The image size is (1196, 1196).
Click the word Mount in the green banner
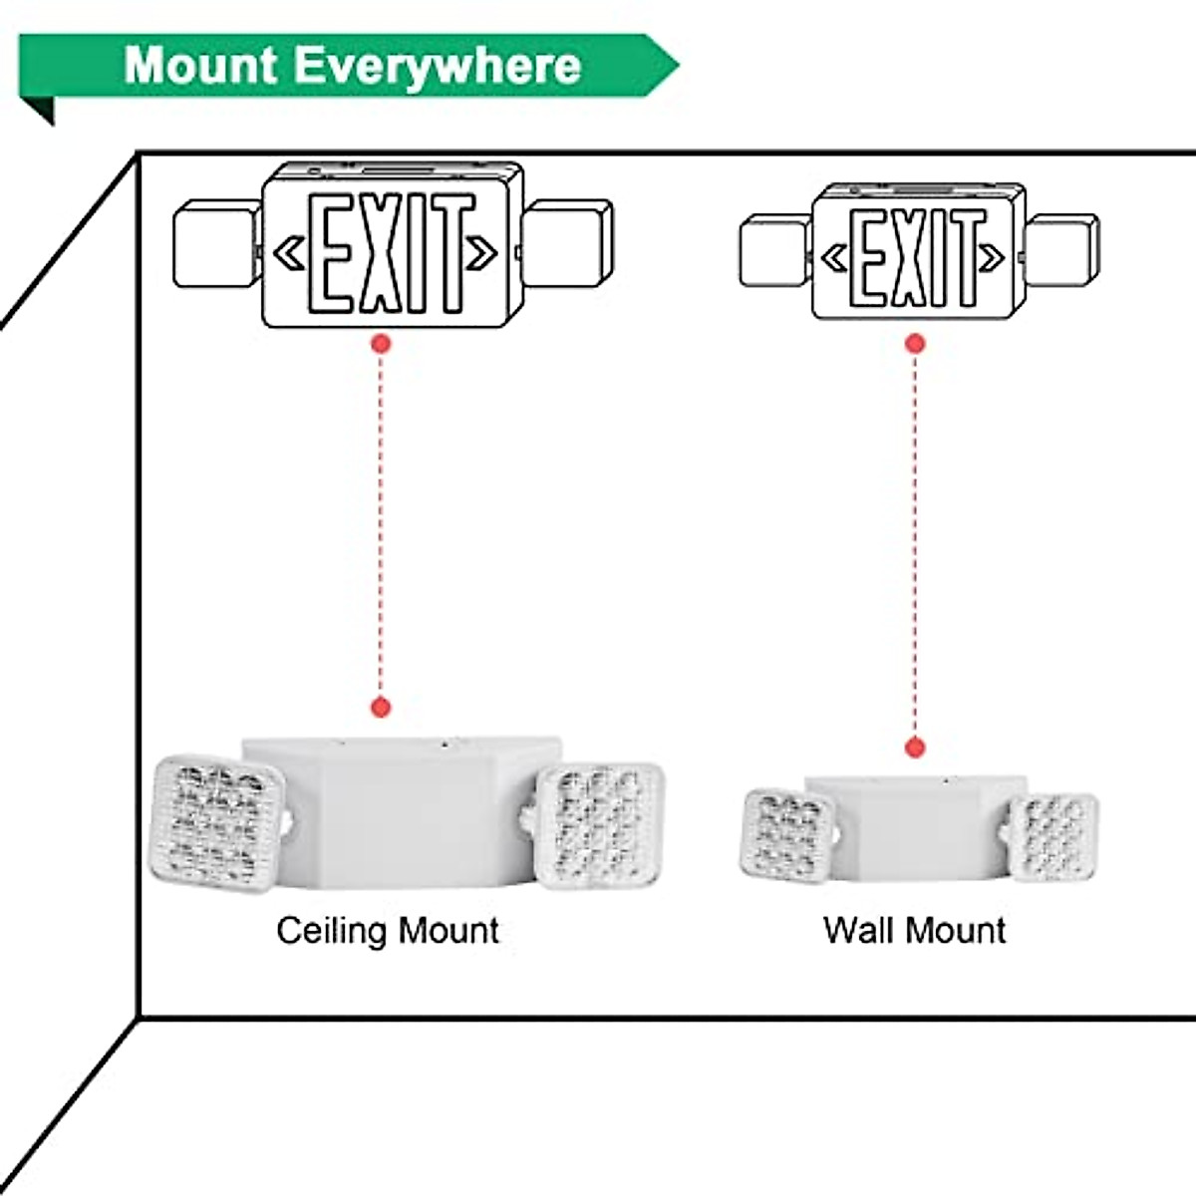[200, 65]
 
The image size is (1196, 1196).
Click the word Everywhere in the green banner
[438, 66]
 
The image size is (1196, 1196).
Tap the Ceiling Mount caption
[388, 930]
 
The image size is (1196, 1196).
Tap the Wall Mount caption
[914, 930]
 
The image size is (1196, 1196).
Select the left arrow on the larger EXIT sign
[289, 254]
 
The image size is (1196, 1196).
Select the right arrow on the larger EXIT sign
[482, 254]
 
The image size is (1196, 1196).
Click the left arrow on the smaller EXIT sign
[832, 259]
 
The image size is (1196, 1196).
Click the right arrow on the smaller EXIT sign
[992, 259]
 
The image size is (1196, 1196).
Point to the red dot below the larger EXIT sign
[380, 344]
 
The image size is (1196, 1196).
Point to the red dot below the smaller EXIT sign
[915, 344]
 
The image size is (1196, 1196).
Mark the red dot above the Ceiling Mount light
[380, 708]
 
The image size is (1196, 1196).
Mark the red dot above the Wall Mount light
[914, 747]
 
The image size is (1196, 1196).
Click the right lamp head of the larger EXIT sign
[568, 244]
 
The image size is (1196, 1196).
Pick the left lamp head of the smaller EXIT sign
[774, 253]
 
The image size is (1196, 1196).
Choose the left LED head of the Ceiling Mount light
[216, 823]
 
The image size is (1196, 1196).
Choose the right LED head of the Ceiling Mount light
[599, 825]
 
